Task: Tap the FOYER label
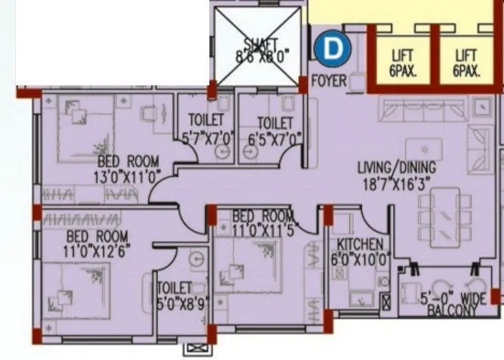(x=329, y=82)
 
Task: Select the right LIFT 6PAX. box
(x=466, y=63)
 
